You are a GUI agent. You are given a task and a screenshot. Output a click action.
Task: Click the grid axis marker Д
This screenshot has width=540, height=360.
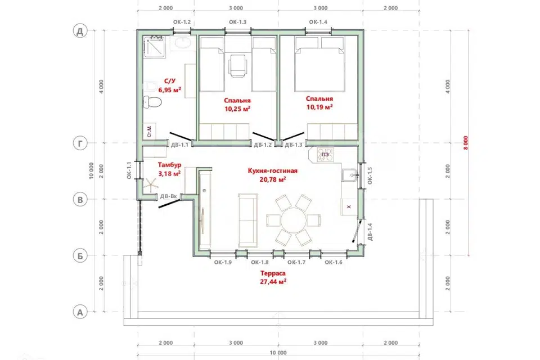click(x=80, y=31)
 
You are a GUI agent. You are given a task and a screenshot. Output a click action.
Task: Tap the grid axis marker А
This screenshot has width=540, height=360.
click(x=80, y=312)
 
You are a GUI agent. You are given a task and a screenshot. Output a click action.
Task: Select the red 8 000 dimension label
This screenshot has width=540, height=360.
click(x=466, y=143)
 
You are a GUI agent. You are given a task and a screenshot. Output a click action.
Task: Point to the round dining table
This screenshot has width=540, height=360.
click(x=294, y=220)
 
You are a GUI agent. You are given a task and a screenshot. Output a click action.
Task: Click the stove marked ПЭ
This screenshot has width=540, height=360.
click(x=326, y=155)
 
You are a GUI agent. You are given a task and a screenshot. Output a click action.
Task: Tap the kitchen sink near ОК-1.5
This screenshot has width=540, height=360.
click(x=349, y=175)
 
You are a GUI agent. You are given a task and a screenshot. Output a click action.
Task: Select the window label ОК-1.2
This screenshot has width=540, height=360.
click(x=182, y=22)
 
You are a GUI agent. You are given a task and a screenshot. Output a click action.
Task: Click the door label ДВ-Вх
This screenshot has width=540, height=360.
click(x=168, y=196)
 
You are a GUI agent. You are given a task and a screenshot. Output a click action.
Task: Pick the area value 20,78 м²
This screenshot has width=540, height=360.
click(x=273, y=179)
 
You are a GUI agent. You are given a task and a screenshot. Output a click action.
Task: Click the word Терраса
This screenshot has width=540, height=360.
click(x=273, y=273)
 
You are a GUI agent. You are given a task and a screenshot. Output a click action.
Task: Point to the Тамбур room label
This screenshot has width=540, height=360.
click(x=169, y=165)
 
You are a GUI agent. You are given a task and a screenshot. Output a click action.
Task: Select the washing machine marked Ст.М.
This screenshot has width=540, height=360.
click(x=150, y=131)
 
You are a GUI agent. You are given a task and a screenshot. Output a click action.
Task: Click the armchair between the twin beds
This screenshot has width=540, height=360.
click(x=238, y=65)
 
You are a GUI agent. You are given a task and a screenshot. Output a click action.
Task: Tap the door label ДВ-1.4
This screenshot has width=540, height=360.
click(x=370, y=232)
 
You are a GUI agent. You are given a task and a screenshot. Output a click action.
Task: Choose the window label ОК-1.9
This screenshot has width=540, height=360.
click(x=223, y=263)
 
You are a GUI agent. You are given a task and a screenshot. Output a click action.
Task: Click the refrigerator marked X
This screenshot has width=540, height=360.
click(x=349, y=206)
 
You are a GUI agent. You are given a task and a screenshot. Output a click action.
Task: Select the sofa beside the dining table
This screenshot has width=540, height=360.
click(x=248, y=220)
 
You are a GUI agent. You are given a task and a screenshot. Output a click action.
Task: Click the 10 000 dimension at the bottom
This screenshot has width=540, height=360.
click(x=278, y=353)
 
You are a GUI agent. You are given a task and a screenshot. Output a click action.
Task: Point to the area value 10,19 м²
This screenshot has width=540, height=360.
click(x=319, y=107)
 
